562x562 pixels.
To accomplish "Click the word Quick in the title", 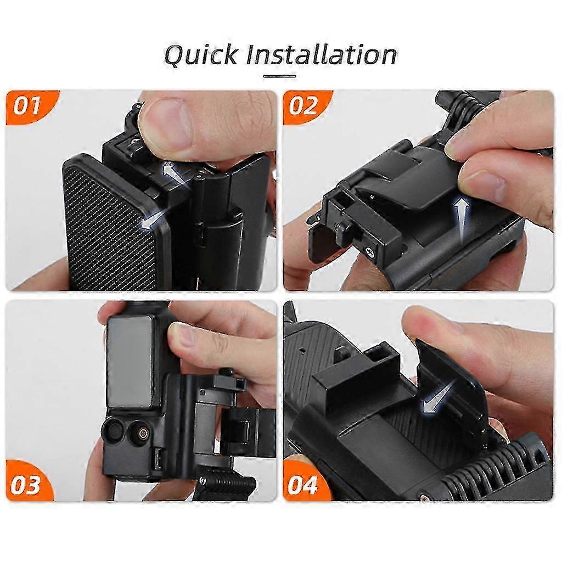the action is pos(201,55).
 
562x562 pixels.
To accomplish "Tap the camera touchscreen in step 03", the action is pos(130,362).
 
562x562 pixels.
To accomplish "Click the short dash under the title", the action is pos(279,76).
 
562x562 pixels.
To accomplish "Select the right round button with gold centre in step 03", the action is pos(140,433).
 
